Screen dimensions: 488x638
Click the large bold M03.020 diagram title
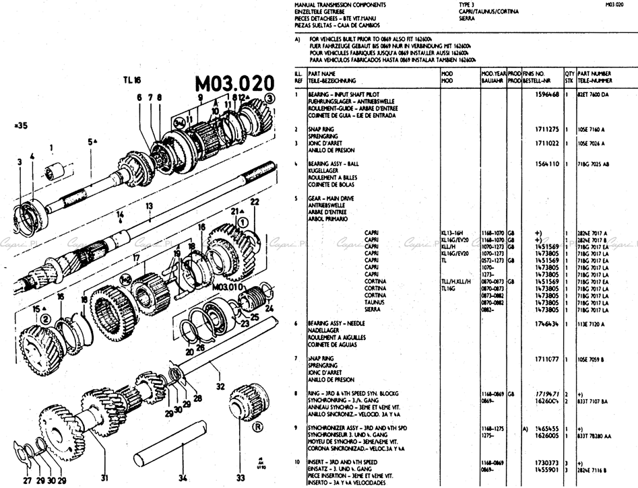(234, 84)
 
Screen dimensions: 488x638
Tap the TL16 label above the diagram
(132, 79)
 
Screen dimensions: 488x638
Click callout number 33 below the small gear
(241, 479)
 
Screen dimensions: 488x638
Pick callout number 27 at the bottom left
(27, 480)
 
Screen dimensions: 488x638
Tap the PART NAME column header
(321, 73)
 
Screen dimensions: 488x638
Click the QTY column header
(569, 73)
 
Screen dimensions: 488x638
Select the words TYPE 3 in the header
(467, 5)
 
